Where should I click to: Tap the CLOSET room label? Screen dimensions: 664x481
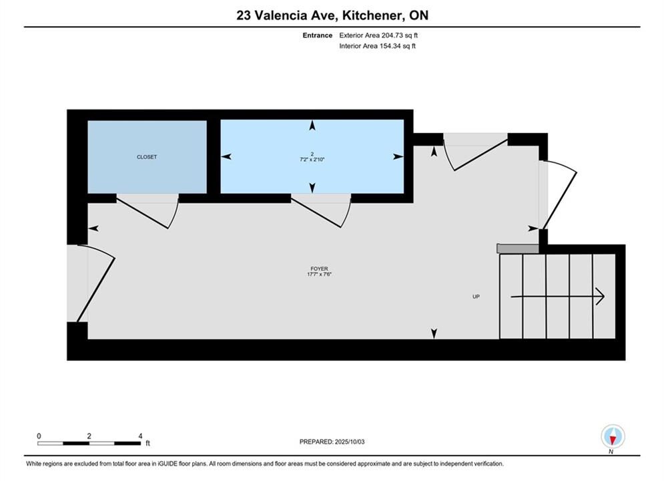pyautogui.click(x=147, y=157)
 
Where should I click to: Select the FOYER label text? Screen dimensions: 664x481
pyautogui.click(x=319, y=269)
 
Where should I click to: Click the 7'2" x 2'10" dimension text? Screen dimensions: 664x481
pyautogui.click(x=312, y=160)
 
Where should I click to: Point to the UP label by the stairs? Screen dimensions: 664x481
pyautogui.click(x=476, y=297)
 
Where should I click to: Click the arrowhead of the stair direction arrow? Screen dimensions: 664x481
pyautogui.click(x=600, y=297)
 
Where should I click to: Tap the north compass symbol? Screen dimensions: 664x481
pyautogui.click(x=613, y=436)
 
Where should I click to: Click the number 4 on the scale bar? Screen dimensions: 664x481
pyautogui.click(x=140, y=436)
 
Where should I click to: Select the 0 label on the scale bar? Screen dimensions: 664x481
pyautogui.click(x=39, y=436)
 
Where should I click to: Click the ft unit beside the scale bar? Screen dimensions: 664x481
pyautogui.click(x=147, y=444)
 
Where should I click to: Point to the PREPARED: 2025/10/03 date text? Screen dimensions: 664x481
pyautogui.click(x=332, y=442)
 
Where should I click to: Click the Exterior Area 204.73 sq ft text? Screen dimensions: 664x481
pyautogui.click(x=378, y=35)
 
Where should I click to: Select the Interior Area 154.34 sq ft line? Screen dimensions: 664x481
pyautogui.click(x=377, y=46)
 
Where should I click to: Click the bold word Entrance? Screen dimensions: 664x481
pyautogui.click(x=317, y=35)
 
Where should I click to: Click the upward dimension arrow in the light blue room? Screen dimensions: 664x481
pyautogui.click(x=312, y=125)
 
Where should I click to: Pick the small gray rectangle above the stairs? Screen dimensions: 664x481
pyautogui.click(x=517, y=249)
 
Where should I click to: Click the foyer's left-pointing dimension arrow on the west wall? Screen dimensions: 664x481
pyautogui.click(x=93, y=229)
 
